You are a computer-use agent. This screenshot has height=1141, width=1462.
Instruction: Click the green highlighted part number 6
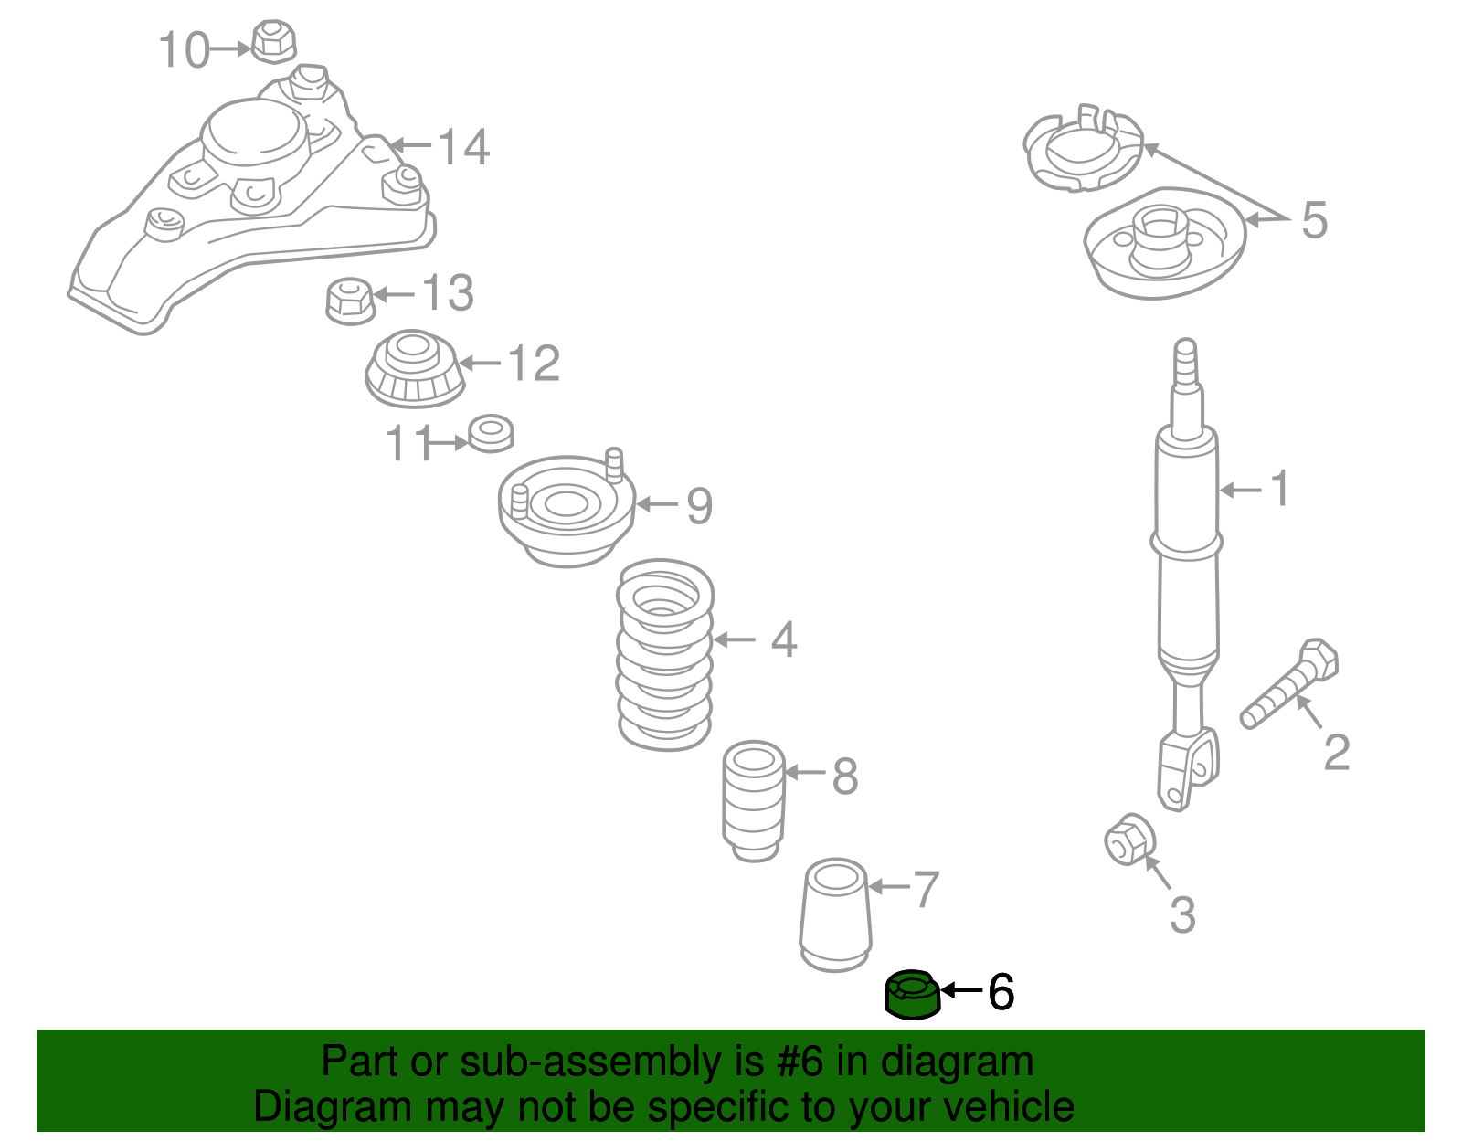912,995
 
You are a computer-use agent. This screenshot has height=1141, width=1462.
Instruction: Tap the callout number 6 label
1001,991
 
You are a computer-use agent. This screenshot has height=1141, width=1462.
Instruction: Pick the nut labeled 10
272,42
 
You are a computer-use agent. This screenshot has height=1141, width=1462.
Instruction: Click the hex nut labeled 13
350,299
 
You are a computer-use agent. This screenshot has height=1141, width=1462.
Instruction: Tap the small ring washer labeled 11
491,433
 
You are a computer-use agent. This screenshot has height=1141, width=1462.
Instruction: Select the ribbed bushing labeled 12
414,370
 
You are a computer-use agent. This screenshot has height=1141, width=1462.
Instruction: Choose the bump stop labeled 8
754,801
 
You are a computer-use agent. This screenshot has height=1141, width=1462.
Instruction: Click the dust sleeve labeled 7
835,916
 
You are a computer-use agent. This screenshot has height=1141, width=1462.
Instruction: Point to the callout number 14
464,146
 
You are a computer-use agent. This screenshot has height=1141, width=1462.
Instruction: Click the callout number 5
1313,220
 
